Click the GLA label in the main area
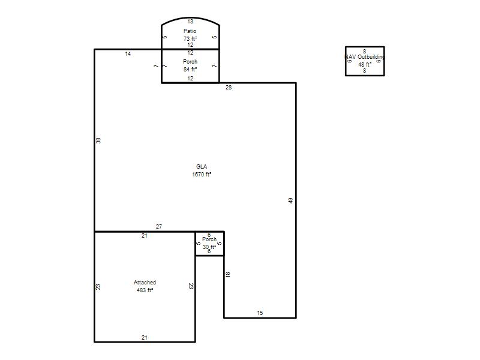(202, 167)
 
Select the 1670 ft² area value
(202, 175)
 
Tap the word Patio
(190, 31)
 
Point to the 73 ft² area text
(190, 39)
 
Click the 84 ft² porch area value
(190, 70)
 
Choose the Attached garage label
(145, 282)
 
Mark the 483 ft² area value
(145, 290)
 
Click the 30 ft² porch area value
(209, 247)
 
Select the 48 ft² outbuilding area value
(365, 65)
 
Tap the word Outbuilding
(371, 57)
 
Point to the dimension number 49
(290, 200)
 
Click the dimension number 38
(98, 140)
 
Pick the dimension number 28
(229, 88)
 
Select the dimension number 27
(159, 227)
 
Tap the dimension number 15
(260, 313)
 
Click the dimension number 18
(227, 275)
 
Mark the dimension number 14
(128, 54)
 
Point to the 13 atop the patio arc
(190, 22)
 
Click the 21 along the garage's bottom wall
(145, 337)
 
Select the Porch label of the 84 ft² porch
(190, 62)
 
